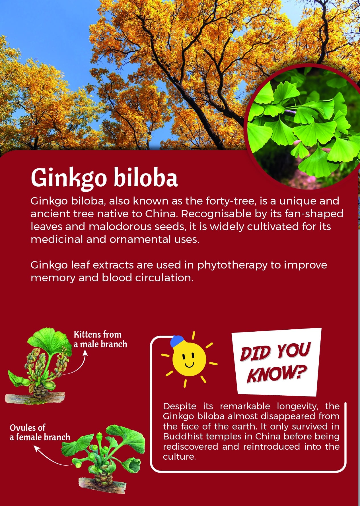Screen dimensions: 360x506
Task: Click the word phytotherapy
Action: pos(232,265)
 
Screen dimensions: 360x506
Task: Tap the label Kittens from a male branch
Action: pos(100,339)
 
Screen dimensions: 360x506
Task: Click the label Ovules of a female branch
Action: pos(40,432)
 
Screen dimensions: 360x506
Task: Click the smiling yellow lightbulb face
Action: pos(189,359)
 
